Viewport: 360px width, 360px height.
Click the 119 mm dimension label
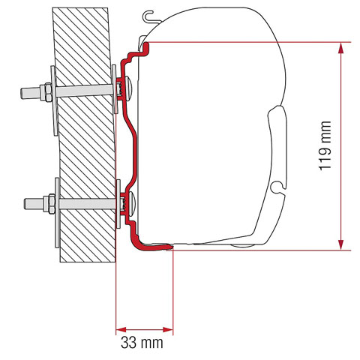(324, 146)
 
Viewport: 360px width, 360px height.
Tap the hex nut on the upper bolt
(44, 94)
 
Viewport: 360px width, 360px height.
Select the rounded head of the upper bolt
(130, 88)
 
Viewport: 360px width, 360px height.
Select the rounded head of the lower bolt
(133, 202)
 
